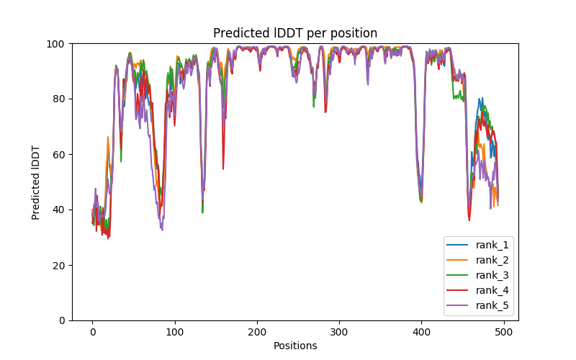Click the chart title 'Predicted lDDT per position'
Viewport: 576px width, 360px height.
point(295,33)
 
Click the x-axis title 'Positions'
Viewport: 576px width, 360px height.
point(295,346)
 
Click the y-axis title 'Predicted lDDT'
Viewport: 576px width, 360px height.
point(36,181)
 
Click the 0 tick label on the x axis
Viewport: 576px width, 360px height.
point(92,332)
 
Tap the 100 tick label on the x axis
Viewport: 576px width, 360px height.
point(174,332)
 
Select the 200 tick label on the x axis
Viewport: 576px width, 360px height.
point(257,332)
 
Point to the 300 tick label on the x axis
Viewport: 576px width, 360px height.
point(339,332)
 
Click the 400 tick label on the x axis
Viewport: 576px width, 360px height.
point(421,332)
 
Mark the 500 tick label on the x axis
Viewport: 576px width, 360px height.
point(503,332)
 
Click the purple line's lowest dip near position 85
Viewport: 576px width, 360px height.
point(162,230)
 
